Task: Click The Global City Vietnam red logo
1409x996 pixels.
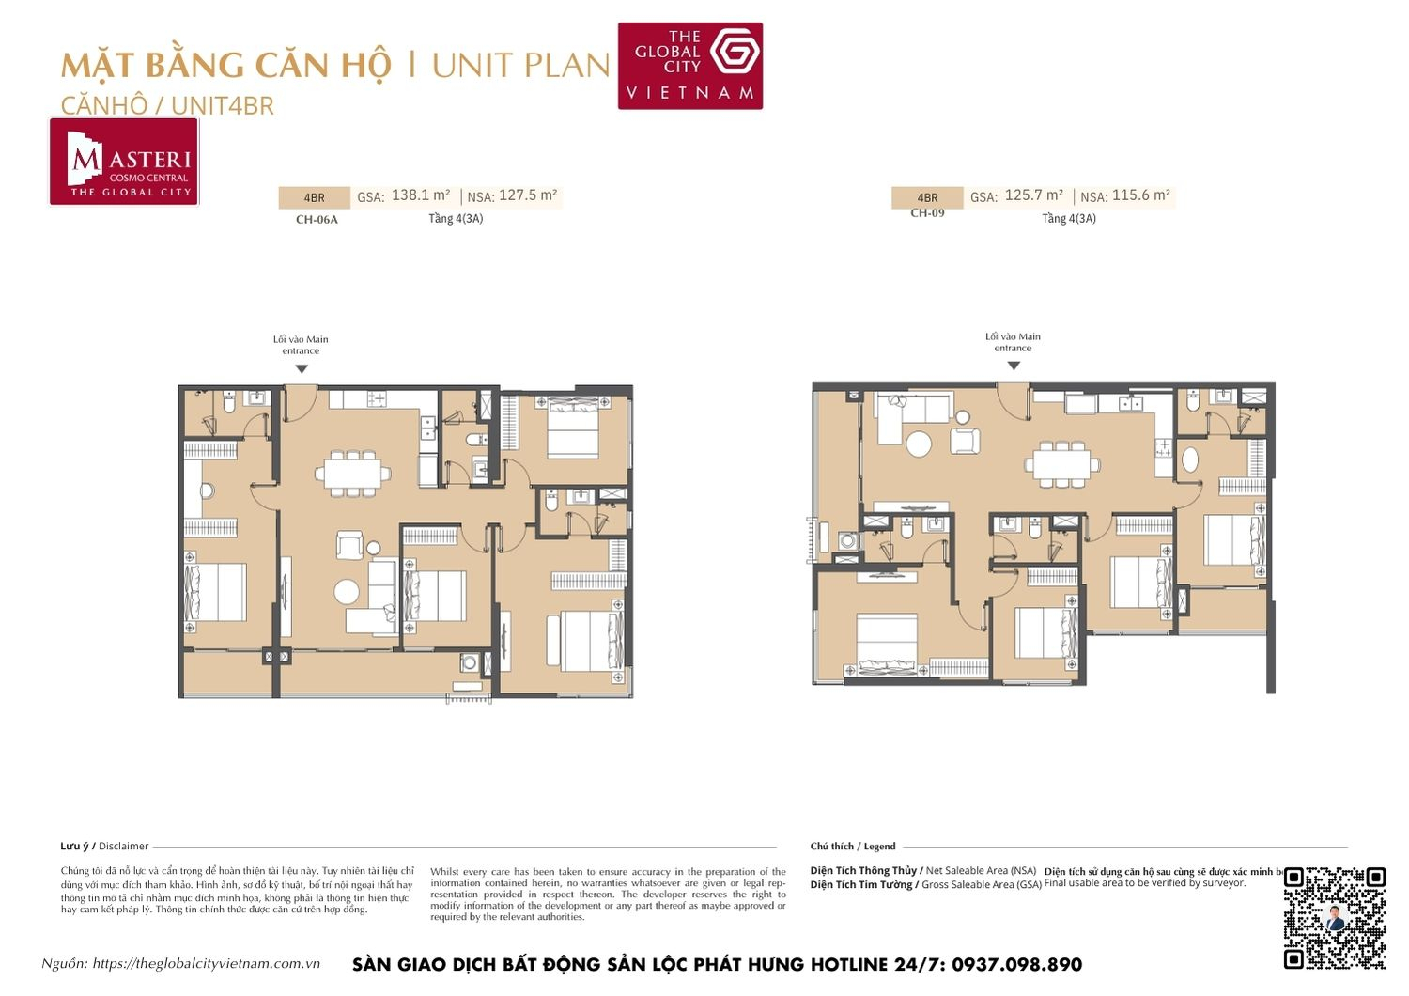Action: coord(689,66)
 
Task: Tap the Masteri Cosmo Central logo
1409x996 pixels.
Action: coord(124,162)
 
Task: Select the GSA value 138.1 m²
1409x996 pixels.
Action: coord(421,195)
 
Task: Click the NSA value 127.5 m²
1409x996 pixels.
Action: coord(528,195)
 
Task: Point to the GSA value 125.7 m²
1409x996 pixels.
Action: coord(1033,195)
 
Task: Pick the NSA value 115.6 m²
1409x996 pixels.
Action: coord(1141,195)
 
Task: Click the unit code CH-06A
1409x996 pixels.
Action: coord(317,220)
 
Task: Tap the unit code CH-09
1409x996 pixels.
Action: coord(927,213)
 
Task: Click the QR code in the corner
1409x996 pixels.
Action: coord(1335,917)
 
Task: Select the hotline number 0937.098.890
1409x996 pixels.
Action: coord(1016,965)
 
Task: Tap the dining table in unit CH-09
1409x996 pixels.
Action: coord(1061,463)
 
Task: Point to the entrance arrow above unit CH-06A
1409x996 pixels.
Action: coord(302,369)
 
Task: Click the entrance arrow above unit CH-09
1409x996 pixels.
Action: coord(1014,366)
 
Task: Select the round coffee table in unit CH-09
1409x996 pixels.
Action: coord(918,442)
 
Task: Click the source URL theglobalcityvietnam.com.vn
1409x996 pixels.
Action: coord(207,964)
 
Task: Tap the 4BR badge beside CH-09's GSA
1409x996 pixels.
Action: coord(927,197)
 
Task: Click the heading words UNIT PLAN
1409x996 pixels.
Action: coord(520,66)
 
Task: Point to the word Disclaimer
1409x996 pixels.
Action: coord(123,847)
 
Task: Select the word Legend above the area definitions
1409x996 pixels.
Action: coord(879,847)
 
